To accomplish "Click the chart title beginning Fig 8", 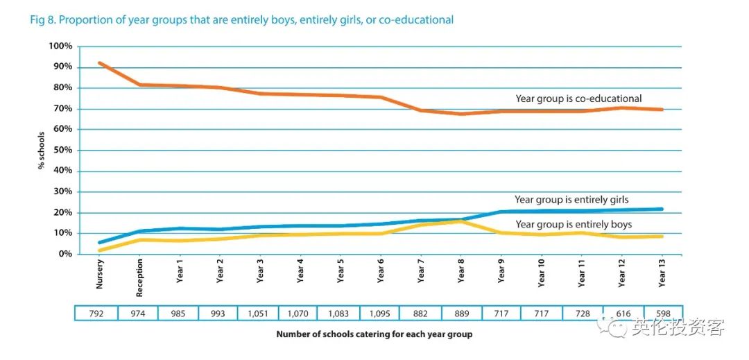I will coord(241,20).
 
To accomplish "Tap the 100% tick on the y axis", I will coord(60,46).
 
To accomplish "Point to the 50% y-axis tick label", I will coord(62,150).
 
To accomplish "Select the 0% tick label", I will coord(64,254).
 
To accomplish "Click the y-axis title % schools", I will coord(42,150).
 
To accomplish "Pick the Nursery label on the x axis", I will coord(100,274).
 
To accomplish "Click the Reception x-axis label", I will coord(139,277).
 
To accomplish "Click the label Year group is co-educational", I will coord(578,98).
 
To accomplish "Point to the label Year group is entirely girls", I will coord(571,200).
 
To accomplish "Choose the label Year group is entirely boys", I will coord(574,224).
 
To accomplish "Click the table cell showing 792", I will coord(96,314).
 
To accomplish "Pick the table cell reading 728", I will coord(581,314).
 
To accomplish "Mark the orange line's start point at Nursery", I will coord(100,63).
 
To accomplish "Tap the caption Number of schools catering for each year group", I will coord(374,334).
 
